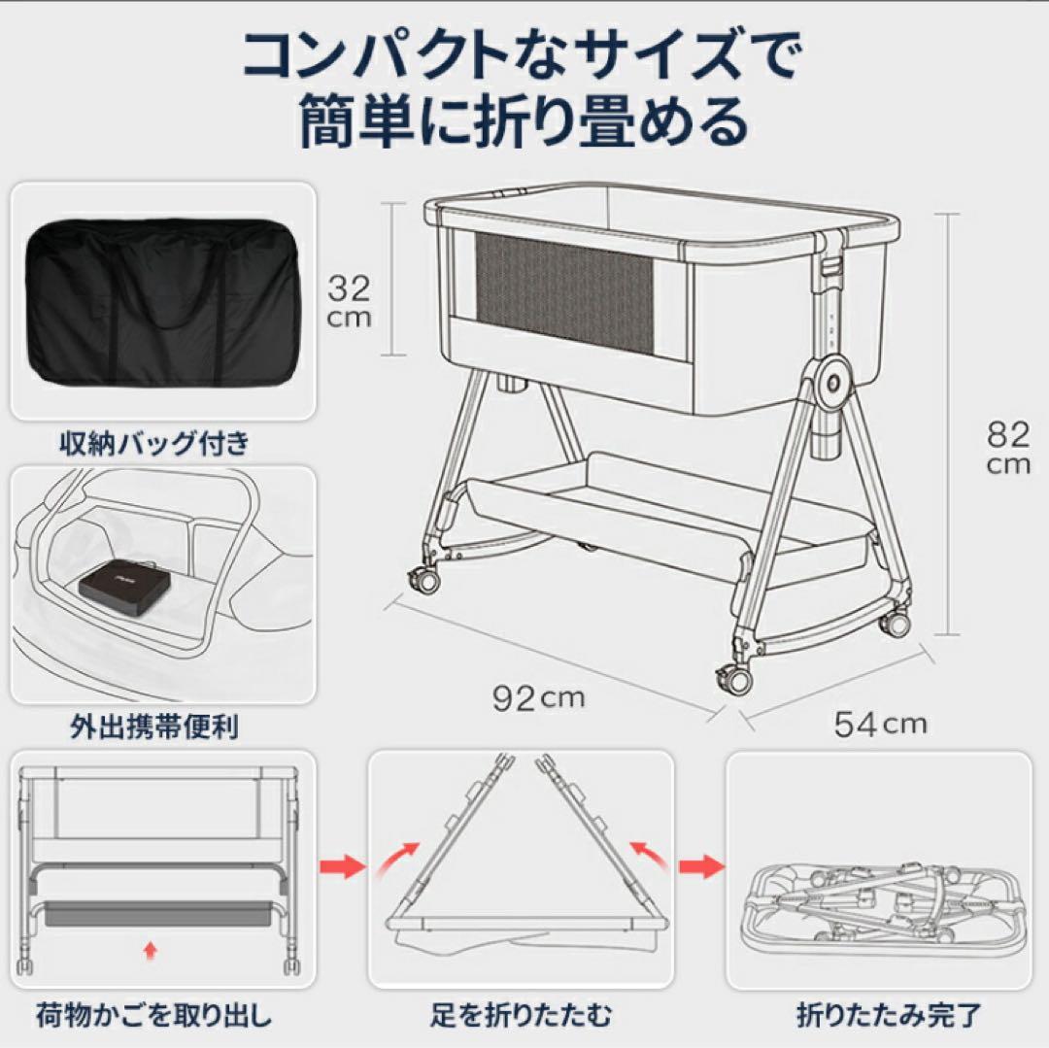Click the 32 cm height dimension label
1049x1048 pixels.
click(x=348, y=300)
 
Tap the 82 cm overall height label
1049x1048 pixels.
click(x=1007, y=446)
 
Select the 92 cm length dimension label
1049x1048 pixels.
click(x=538, y=698)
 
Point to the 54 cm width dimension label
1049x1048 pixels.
click(x=879, y=724)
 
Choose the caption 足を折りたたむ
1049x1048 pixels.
click(x=522, y=1016)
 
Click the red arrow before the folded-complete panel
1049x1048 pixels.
click(x=701, y=863)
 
